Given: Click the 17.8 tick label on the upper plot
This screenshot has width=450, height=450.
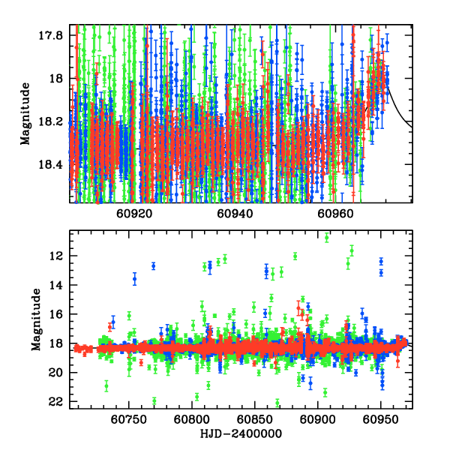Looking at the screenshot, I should pos(51,34).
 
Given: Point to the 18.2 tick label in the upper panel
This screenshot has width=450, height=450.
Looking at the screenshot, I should pos(51,121).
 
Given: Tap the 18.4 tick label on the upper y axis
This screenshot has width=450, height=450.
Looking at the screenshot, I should pos(51,164).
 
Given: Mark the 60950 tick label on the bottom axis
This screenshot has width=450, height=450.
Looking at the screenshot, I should pos(380,418).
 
